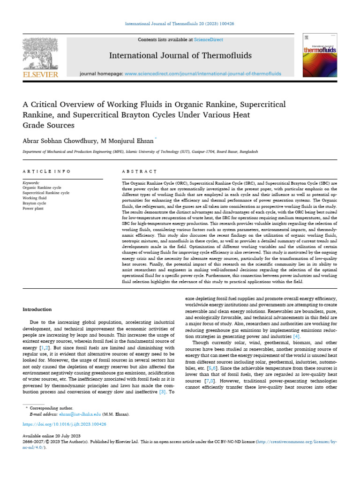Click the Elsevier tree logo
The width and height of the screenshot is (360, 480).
40,53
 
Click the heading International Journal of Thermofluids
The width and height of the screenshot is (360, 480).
180,56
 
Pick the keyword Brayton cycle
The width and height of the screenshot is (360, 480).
34,203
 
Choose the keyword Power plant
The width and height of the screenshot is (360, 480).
33,209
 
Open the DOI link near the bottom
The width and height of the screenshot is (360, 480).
64,424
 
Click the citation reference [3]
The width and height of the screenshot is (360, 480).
162,391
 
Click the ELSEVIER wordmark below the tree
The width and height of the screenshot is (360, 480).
40,74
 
